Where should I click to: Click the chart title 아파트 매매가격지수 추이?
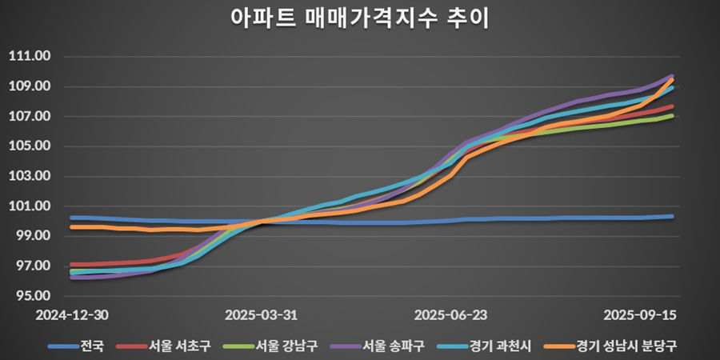tap(359, 18)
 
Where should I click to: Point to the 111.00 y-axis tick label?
tap(29, 57)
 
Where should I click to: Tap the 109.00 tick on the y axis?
tap(29, 86)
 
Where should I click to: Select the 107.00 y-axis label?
tap(29, 117)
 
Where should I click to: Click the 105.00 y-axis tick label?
tap(29, 146)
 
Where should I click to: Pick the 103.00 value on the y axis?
tap(29, 177)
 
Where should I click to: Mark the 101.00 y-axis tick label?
tap(29, 206)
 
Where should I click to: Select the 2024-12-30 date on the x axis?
tap(71, 315)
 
